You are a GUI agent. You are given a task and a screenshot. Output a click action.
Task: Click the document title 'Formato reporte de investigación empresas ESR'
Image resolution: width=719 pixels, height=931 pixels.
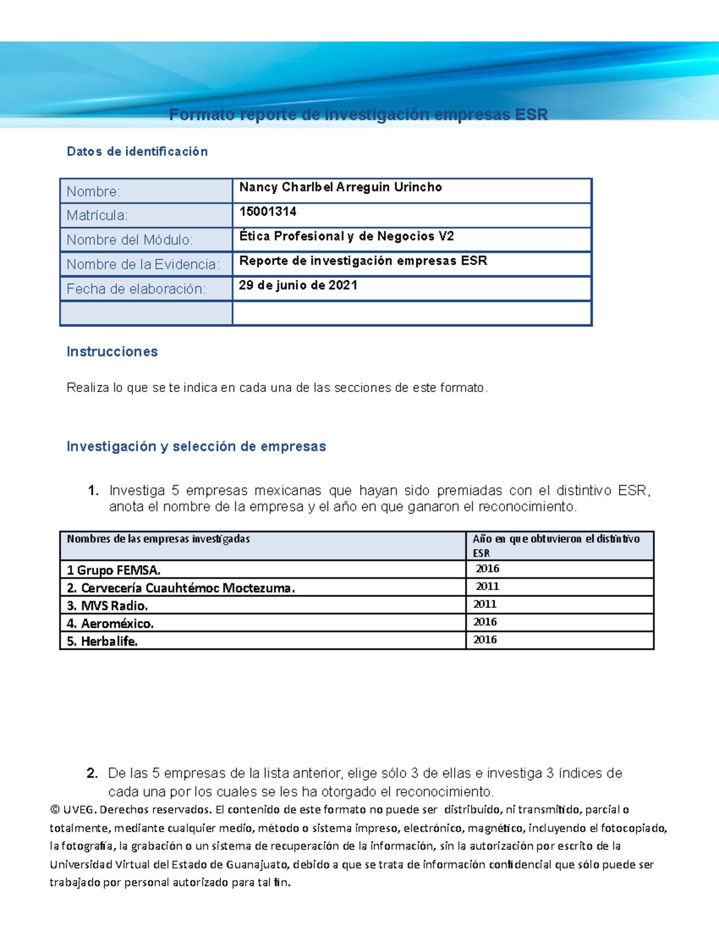(358, 115)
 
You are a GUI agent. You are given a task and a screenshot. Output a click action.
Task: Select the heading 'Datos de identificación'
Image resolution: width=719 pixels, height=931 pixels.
(137, 152)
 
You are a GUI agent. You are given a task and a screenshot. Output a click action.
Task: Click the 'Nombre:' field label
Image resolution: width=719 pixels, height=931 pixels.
(93, 192)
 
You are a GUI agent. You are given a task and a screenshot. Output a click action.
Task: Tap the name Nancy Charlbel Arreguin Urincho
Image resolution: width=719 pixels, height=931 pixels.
(340, 187)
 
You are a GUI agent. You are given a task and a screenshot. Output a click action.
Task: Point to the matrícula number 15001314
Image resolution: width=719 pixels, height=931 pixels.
(268, 212)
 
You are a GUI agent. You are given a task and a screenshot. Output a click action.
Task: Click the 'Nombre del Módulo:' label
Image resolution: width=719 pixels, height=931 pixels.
(129, 240)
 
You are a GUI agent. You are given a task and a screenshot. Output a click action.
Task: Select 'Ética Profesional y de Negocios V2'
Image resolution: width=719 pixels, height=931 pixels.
(346, 236)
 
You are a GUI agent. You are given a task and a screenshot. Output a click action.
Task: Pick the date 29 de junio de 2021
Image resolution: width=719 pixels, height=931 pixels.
(298, 285)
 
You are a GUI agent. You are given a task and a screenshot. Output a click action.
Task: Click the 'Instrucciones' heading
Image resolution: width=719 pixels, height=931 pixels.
(112, 352)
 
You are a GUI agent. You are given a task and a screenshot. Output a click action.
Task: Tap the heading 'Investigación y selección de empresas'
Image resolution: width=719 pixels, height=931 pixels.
(196, 447)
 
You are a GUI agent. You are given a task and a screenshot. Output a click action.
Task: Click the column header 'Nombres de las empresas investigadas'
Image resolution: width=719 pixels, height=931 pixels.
(158, 539)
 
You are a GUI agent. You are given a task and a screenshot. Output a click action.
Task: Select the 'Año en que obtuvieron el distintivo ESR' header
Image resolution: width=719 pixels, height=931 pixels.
(555, 546)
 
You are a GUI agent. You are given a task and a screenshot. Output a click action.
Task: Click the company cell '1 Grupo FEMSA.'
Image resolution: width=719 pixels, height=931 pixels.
(113, 570)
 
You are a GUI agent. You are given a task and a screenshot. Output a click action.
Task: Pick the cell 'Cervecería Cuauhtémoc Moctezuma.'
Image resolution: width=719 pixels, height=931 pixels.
(188, 588)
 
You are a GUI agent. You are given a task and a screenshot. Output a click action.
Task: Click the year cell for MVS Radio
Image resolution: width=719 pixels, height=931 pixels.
(485, 604)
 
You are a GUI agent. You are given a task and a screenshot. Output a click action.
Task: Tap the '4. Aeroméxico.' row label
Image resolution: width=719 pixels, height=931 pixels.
(110, 623)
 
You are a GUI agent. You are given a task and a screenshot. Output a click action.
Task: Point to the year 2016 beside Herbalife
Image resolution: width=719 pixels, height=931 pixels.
(485, 640)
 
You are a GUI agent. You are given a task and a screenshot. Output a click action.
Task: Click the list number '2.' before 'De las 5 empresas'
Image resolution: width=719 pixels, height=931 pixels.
(92, 773)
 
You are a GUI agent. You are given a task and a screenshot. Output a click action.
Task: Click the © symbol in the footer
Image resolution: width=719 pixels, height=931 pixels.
(55, 810)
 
